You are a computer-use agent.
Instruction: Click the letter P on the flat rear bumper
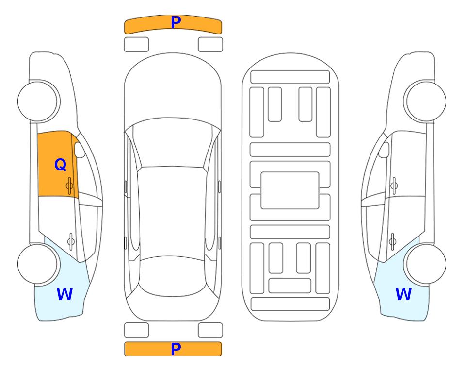pos(176,349)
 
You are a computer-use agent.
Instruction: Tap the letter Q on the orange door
pos(61,165)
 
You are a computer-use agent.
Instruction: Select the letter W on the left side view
pos(64,294)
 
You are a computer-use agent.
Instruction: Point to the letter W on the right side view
pos(403,294)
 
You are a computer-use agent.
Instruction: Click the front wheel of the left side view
pos(38,101)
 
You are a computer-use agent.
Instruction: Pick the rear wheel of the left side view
pos(38,264)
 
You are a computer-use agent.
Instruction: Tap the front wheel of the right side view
pos(426,101)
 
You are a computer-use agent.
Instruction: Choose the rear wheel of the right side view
pos(426,264)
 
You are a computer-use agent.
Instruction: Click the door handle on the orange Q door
pos(70,186)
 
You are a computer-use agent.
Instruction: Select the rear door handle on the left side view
pos(71,241)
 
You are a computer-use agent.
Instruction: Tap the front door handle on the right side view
pos(394,186)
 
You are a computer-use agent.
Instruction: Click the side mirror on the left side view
pos(80,150)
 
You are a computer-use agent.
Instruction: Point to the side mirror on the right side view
pos(384,150)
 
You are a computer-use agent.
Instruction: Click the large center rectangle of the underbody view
pos(290,190)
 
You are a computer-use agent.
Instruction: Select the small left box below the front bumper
pos(136,45)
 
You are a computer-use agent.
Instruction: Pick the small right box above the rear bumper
pos(210,330)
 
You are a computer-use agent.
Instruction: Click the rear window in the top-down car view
pos(172,276)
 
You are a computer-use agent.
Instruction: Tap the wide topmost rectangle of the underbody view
pos(290,77)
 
